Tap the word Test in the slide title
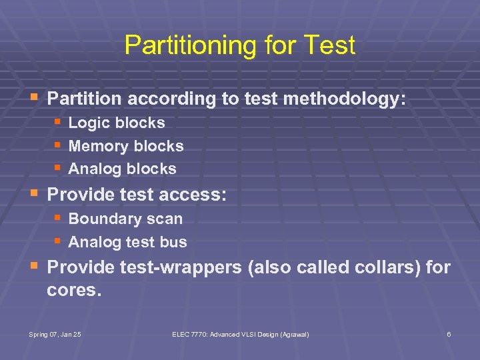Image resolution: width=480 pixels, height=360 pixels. (329, 46)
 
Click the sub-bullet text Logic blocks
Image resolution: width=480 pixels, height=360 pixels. (117, 123)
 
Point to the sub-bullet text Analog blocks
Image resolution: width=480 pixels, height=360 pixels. (122, 169)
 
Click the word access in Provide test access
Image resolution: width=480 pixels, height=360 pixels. (195, 195)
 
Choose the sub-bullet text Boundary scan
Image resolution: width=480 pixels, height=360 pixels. (125, 219)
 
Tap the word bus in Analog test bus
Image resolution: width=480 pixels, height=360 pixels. (174, 242)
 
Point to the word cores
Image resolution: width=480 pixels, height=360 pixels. (74, 291)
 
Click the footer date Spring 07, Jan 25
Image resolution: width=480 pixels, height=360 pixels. (55, 333)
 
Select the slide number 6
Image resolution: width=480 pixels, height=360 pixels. (449, 333)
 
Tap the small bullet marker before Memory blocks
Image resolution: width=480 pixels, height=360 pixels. (59, 145)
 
